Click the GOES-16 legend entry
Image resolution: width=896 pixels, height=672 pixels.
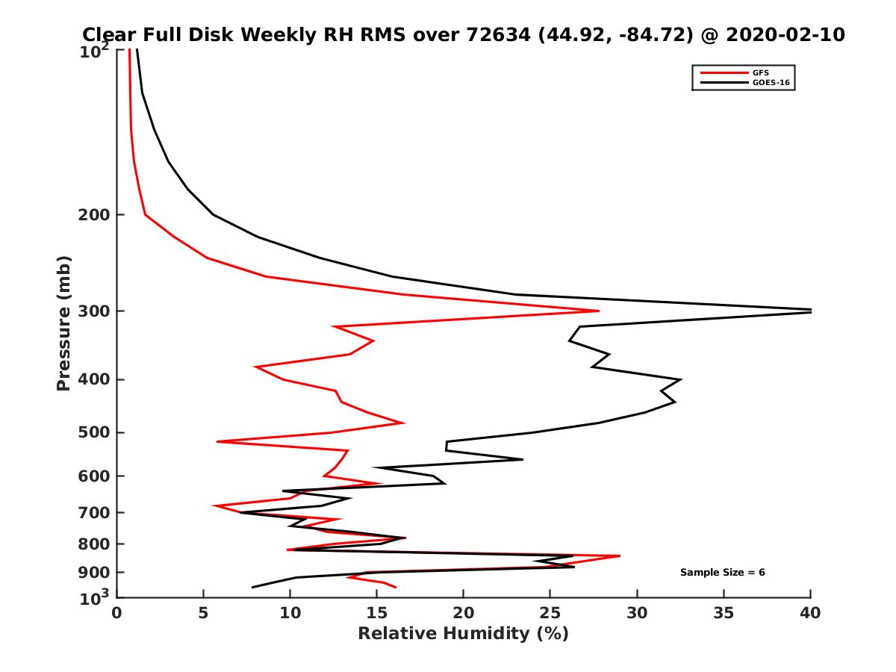pos(768,82)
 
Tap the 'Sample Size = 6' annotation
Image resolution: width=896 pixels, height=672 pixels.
pos(722,573)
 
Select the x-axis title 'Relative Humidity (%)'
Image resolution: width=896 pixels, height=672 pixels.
pos(463,634)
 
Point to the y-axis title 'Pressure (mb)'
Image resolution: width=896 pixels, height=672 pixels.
pos(63,323)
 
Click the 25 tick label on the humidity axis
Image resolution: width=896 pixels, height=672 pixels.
pos(550,613)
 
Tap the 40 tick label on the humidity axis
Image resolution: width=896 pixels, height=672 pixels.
pos(810,613)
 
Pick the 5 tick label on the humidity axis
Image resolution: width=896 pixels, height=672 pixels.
pos(203,613)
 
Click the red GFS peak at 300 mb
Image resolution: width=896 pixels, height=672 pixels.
pos(598,311)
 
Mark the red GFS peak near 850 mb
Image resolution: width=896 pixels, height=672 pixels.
pos(619,556)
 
